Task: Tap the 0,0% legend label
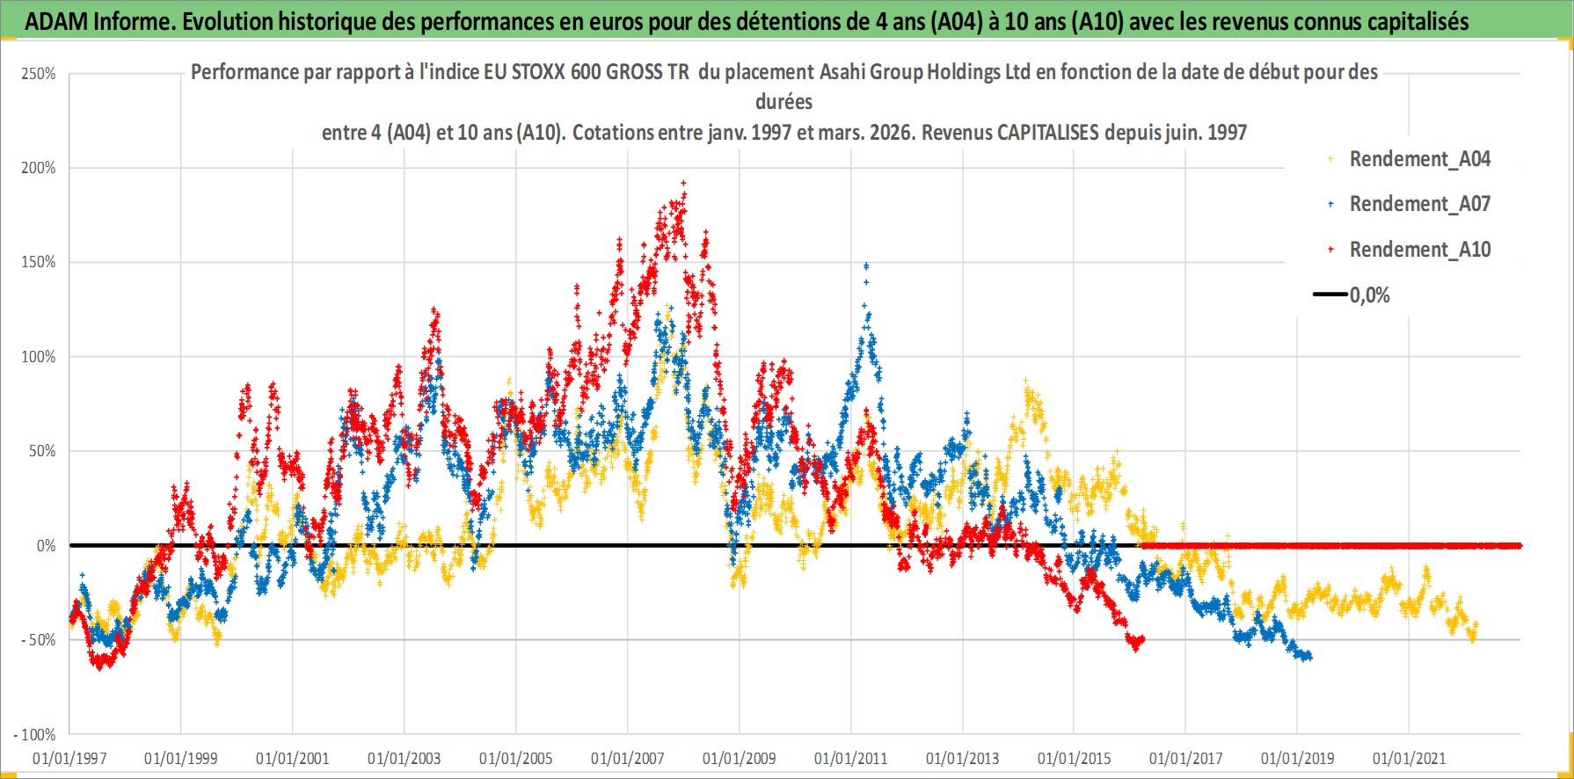tap(1369, 295)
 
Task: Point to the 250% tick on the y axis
tap(39, 74)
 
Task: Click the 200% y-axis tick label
tap(39, 168)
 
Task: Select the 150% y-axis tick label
tap(39, 262)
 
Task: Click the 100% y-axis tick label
tap(39, 357)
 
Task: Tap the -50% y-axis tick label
tap(39, 640)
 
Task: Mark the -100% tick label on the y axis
tap(35, 735)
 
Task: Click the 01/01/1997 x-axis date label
tap(69, 758)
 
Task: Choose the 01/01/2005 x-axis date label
tap(516, 758)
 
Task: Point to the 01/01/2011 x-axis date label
tap(851, 758)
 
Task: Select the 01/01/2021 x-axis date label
tap(1409, 758)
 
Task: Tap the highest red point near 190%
tap(683, 183)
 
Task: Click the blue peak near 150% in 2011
tap(866, 265)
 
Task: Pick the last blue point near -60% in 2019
tap(1309, 656)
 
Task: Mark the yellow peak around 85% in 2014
tap(1025, 382)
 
